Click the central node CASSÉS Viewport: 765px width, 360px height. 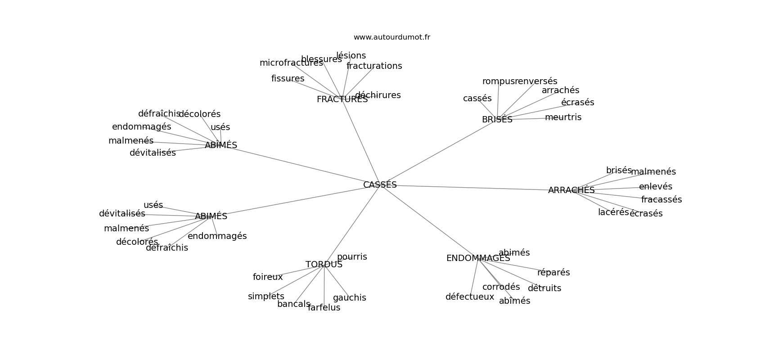pos(380,185)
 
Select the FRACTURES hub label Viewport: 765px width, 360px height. pos(342,99)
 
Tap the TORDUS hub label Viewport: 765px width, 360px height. pos(324,265)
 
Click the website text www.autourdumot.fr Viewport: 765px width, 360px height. pos(391,37)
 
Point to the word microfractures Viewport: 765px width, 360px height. pos(291,63)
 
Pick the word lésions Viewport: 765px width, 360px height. pos(351,56)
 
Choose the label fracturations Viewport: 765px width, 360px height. pos(374,66)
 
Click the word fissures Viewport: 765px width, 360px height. pos(288,79)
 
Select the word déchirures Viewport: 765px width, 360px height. pos(378,95)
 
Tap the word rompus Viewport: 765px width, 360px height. pos(498,81)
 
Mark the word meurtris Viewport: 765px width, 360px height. pos(563,117)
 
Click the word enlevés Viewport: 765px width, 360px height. pos(655,187)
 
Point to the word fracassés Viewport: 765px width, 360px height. pos(661,200)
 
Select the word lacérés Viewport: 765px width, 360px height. pos(613,212)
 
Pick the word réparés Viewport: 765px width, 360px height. pos(553,273)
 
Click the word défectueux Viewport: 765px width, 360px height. pos(470,297)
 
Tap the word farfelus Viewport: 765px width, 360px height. pos(324,308)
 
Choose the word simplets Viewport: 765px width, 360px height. pos(266,297)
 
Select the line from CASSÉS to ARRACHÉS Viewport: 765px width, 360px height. pos(472,187)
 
